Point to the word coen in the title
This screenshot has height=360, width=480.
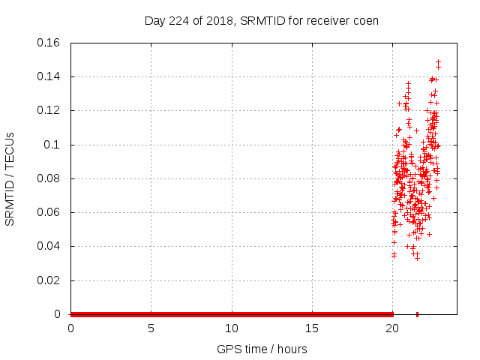[366, 20]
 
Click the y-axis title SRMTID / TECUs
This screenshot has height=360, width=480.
[10, 178]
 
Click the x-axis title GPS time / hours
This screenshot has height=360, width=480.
[262, 349]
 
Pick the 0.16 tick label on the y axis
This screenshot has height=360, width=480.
[49, 42]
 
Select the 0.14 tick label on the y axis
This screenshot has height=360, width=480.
[49, 76]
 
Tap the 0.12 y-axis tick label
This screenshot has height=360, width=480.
[49, 110]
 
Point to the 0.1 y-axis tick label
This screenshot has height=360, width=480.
[52, 144]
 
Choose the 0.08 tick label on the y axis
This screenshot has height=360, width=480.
[49, 178]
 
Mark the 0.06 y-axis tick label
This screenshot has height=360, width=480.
[49, 212]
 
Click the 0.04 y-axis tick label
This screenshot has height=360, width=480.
[49, 246]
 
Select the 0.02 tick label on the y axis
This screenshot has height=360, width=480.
[49, 280]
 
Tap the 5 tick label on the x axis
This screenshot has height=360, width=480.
[151, 328]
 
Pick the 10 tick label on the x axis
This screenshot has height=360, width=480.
[232, 328]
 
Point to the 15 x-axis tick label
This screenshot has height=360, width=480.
[312, 328]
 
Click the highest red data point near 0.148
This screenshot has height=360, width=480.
[438, 62]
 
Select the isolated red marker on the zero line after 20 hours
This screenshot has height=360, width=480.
[417, 314]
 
